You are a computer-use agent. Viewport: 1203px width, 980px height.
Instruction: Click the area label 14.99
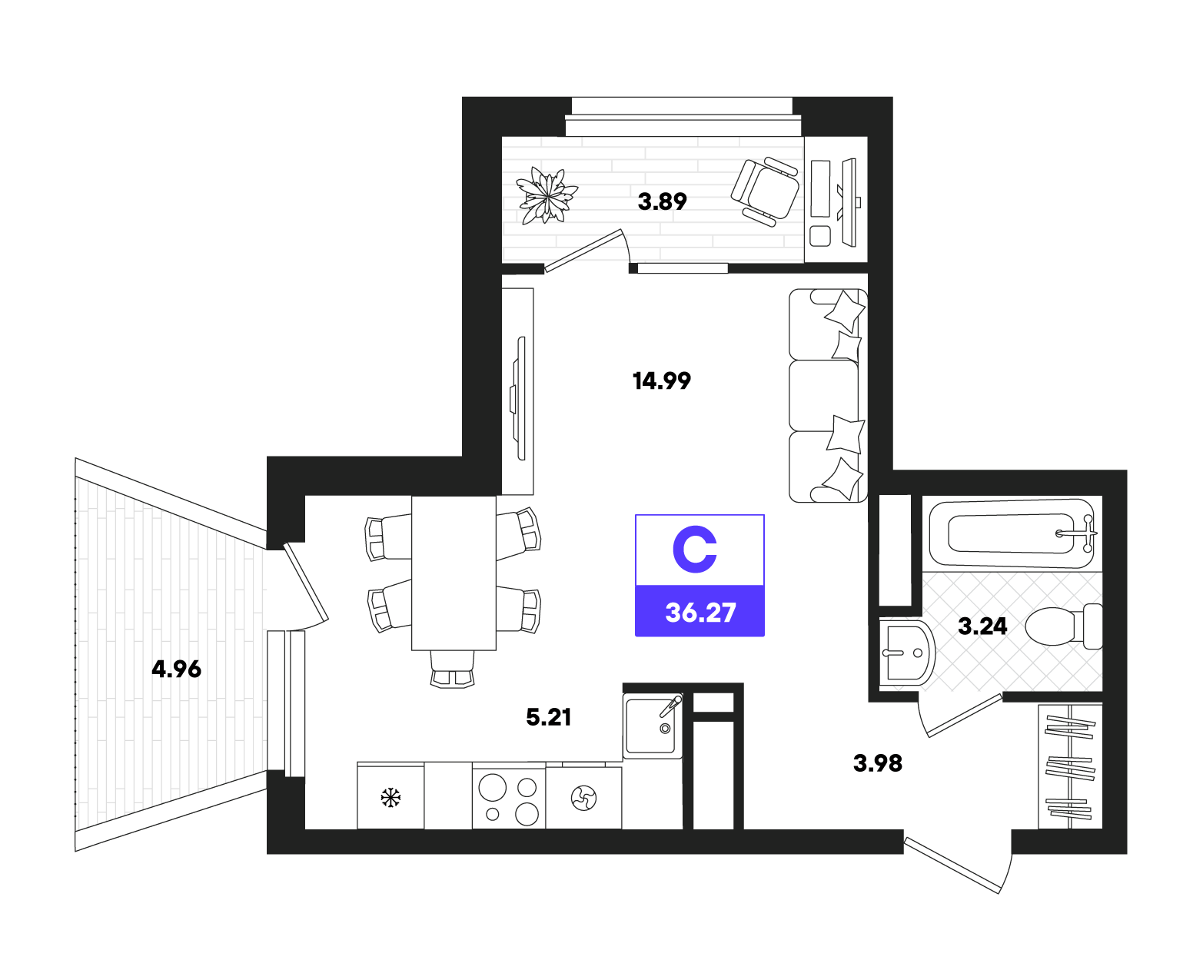(x=661, y=380)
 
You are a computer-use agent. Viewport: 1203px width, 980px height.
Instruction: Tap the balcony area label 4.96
(x=176, y=669)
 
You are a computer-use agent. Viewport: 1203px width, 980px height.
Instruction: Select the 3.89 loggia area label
(x=662, y=201)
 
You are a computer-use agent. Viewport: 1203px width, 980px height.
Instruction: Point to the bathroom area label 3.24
(x=982, y=626)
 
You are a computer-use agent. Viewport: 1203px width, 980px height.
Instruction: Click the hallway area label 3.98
(x=878, y=763)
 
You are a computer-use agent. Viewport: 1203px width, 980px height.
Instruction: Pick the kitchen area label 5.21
(x=548, y=717)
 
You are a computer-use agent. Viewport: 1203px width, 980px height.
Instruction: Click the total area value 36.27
(x=700, y=613)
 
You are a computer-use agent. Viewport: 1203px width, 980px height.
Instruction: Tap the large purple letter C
(x=695, y=549)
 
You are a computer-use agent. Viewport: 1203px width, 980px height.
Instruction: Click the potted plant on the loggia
(x=547, y=196)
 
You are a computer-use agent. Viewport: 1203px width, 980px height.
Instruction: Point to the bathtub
(x=1012, y=533)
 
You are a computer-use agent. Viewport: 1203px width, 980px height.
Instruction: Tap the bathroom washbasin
(x=906, y=653)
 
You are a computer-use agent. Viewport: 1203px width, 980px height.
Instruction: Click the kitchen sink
(x=653, y=726)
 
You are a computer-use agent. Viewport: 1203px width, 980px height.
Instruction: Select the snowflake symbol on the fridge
(x=390, y=798)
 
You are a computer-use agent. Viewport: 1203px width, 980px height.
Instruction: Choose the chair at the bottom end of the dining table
(x=452, y=669)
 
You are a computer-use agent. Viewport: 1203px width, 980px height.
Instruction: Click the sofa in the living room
(x=828, y=395)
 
